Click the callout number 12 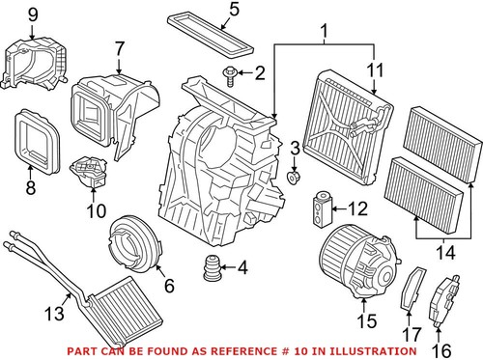pos(356,208)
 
